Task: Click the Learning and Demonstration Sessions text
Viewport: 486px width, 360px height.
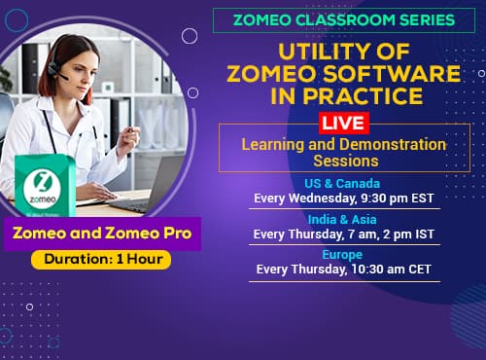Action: click(344, 153)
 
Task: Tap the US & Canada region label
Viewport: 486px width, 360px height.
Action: click(342, 184)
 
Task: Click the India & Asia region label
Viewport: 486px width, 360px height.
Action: click(342, 219)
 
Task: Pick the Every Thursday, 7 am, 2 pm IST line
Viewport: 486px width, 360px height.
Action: click(342, 234)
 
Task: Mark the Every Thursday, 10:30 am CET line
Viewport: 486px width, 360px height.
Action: click(342, 270)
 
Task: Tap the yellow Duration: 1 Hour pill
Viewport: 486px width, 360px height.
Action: click(101, 260)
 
